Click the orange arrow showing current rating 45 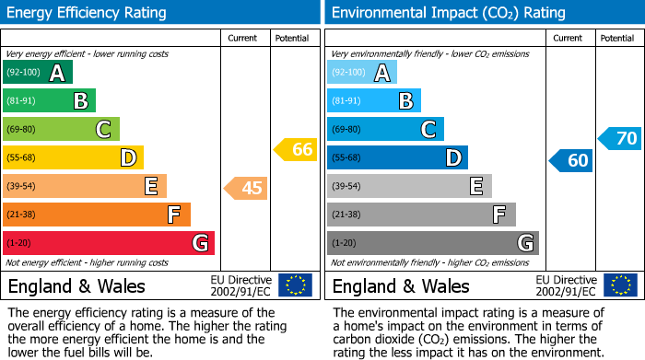tap(246, 188)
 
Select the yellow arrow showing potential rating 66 tap(296, 149)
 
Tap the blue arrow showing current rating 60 tap(570, 160)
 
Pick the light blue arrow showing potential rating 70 tap(619, 139)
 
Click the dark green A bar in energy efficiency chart tap(38, 73)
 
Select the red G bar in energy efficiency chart tap(109, 243)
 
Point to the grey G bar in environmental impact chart tap(432, 243)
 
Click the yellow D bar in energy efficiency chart tap(73, 158)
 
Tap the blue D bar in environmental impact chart tap(397, 158)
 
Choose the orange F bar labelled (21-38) tap(97, 215)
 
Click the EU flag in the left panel tap(295, 285)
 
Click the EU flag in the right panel tap(619, 285)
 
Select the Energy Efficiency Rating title tap(88, 13)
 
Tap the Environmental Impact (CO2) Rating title tap(448, 13)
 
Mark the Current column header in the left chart tap(244, 38)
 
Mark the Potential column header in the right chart tap(616, 38)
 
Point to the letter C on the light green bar tap(104, 130)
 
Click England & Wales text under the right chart tap(401, 285)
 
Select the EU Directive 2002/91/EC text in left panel tap(240, 285)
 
